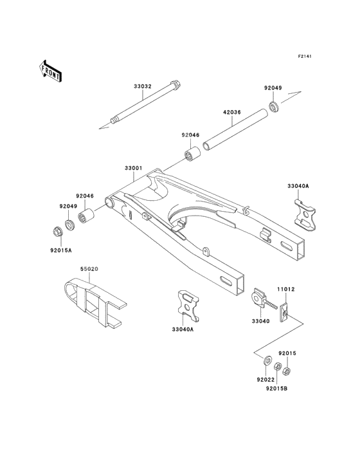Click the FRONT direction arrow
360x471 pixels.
pos(50,71)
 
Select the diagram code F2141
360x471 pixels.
pos(305,56)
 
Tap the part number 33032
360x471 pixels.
pos(143,86)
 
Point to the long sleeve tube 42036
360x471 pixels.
pos(235,130)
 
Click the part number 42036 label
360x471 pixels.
pos(232,113)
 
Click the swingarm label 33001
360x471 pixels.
pos(134,168)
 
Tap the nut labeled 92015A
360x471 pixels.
pos(57,232)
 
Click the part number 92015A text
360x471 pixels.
pos(61,250)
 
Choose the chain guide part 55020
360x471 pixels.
pos(95,302)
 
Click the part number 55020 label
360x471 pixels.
pos(89,269)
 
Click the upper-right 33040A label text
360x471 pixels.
pos(298,186)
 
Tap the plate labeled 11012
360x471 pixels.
pos(283,313)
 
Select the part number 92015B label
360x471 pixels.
pos(276,389)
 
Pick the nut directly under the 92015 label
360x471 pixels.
pos(286,371)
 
